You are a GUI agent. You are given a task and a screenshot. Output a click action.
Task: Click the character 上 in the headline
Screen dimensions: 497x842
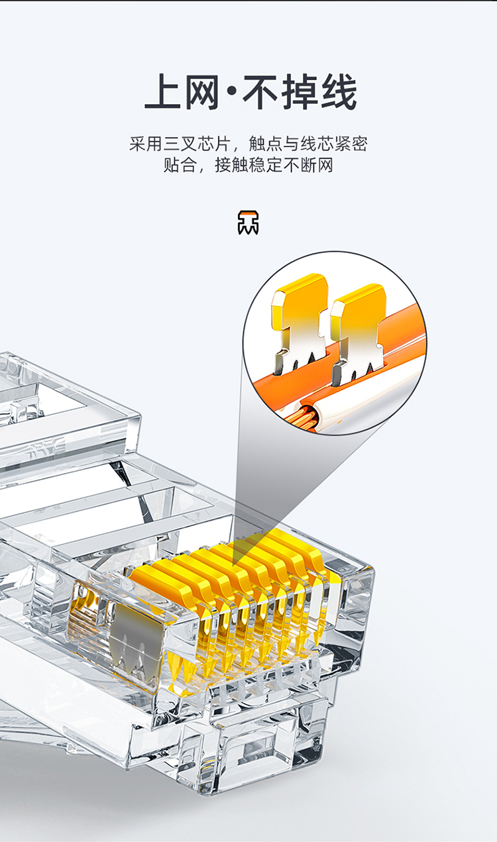[164, 91]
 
